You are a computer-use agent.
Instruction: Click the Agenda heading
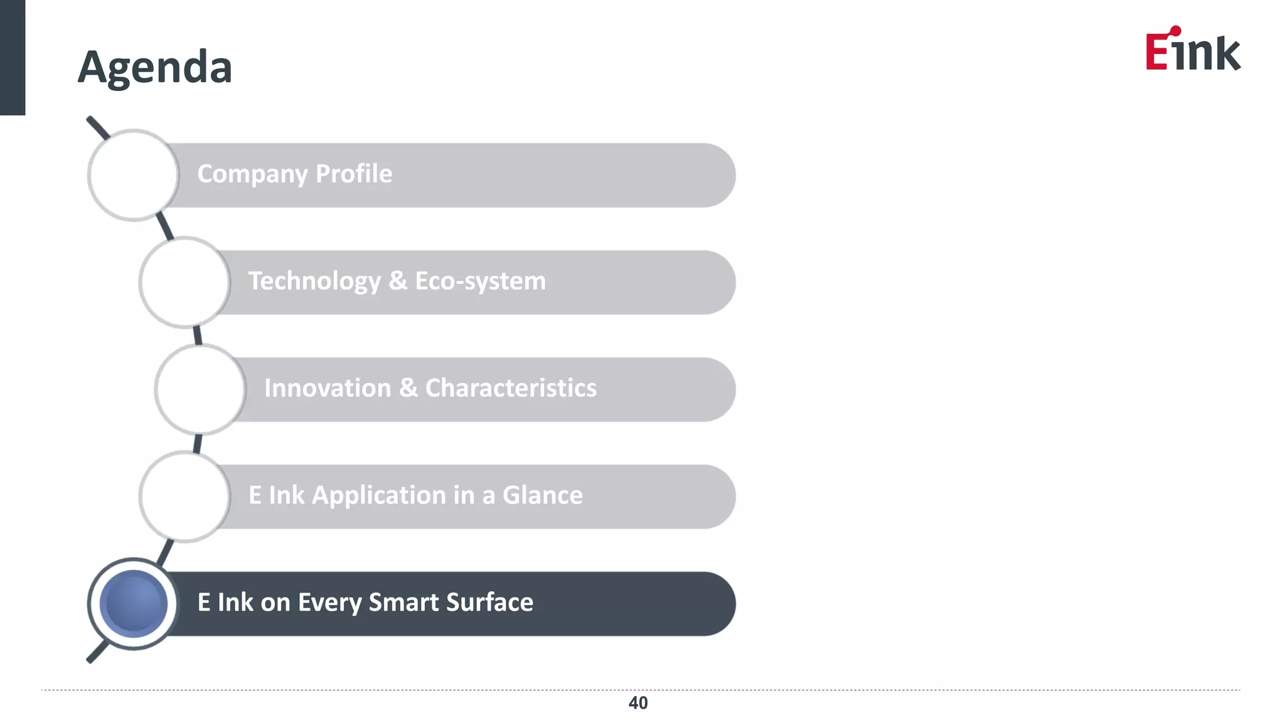click(x=155, y=67)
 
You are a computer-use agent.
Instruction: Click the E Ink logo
click(x=1192, y=50)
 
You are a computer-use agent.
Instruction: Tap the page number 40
click(x=638, y=703)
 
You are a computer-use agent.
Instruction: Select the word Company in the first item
click(x=252, y=174)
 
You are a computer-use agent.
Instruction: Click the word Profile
click(x=354, y=174)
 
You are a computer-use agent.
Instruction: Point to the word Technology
click(x=314, y=281)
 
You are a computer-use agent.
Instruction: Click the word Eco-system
click(x=480, y=281)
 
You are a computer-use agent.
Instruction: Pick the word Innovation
click(x=328, y=388)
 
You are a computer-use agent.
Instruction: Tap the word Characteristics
click(x=511, y=388)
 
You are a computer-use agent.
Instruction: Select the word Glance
click(x=542, y=495)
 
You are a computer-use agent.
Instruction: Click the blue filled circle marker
click(x=133, y=604)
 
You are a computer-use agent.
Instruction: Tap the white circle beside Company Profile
click(x=133, y=175)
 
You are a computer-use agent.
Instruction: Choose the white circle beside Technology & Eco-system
click(x=184, y=282)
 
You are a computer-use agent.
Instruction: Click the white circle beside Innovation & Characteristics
click(x=200, y=389)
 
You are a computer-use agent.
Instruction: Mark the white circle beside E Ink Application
click(x=184, y=496)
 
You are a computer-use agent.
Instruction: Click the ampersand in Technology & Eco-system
click(x=398, y=281)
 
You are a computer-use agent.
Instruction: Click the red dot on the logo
click(x=1175, y=31)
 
